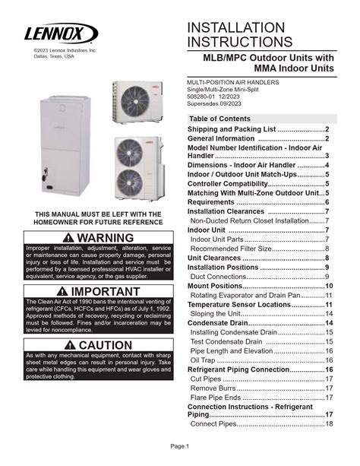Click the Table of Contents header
pyautogui.click(x=219, y=119)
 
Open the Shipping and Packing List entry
pyautogui.click(x=257, y=130)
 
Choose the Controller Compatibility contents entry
pyautogui.click(x=257, y=183)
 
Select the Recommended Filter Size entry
pyautogui.click(x=259, y=248)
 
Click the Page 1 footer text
pyautogui.click(x=179, y=445)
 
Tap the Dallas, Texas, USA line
pyautogui.click(x=54, y=56)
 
